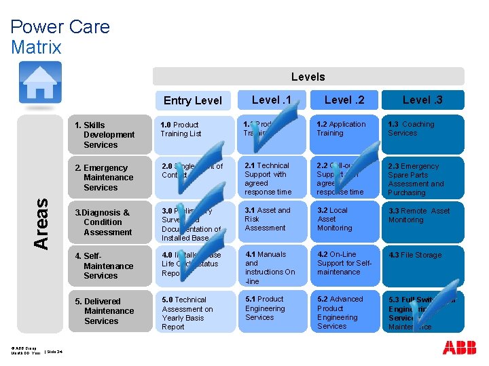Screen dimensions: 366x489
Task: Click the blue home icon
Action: pos(40,82)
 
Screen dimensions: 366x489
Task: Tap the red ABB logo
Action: pos(459,348)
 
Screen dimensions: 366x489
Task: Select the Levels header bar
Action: pos(308,77)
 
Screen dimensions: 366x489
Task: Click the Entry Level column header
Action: pos(193,100)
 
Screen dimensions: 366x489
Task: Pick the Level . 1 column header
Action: pos(271,100)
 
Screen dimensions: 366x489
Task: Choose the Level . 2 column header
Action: pos(344,100)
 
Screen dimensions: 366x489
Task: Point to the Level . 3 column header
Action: pos(422,100)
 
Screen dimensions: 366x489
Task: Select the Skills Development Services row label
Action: pos(109,134)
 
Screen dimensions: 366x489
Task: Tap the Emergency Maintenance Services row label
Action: pos(109,178)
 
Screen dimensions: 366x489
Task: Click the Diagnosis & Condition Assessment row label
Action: pos(109,222)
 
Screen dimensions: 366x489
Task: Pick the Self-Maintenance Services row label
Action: pos(109,266)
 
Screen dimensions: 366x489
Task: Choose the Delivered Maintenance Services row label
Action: pos(109,311)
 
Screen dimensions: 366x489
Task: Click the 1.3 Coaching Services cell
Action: pos(422,134)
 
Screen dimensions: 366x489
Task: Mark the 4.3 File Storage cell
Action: pos(422,267)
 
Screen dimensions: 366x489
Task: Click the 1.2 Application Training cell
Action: pos(344,134)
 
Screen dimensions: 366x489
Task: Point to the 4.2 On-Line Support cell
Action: pos(344,267)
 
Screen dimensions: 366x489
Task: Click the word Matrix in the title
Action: pos(36,47)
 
